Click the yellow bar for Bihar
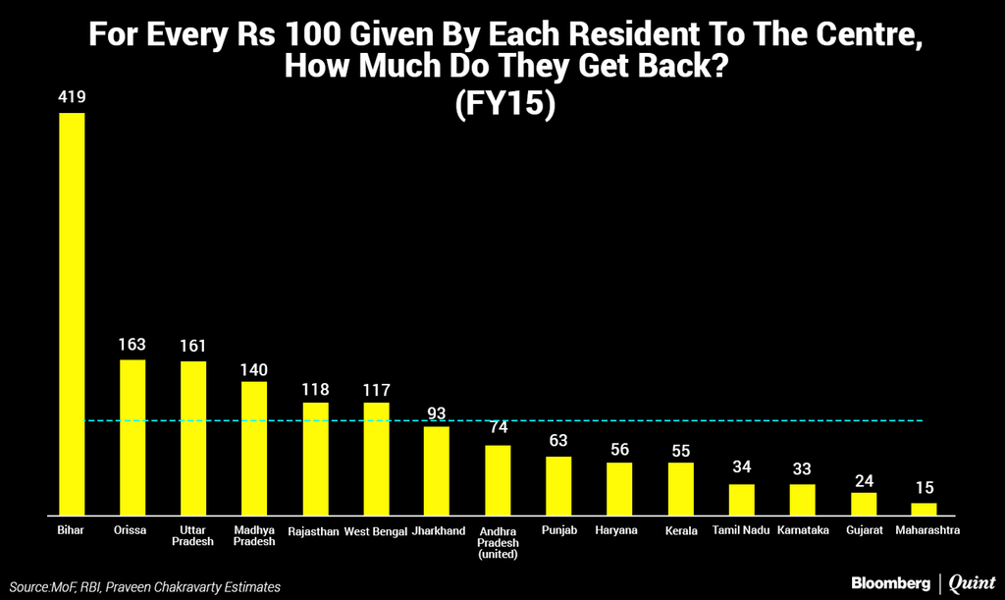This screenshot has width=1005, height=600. pos(72,314)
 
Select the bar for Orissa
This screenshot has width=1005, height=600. pos(132,437)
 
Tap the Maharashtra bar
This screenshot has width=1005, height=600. pos(924,509)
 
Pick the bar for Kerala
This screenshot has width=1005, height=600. pos(681,489)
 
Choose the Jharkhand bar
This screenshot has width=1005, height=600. pos(437,470)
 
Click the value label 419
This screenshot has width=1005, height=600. pos(72,99)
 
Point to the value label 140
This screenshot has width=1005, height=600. pos(254,369)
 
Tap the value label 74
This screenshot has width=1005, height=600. pos(498,429)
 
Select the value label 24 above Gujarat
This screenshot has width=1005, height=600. pos(863,480)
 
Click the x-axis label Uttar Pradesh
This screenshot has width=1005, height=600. pos(193,536)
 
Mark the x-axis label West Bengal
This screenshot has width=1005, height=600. pos(376,531)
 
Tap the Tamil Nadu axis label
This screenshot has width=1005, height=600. pos(741,531)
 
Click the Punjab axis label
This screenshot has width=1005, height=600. pos(558,531)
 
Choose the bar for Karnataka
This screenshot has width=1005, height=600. pos(802,499)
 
